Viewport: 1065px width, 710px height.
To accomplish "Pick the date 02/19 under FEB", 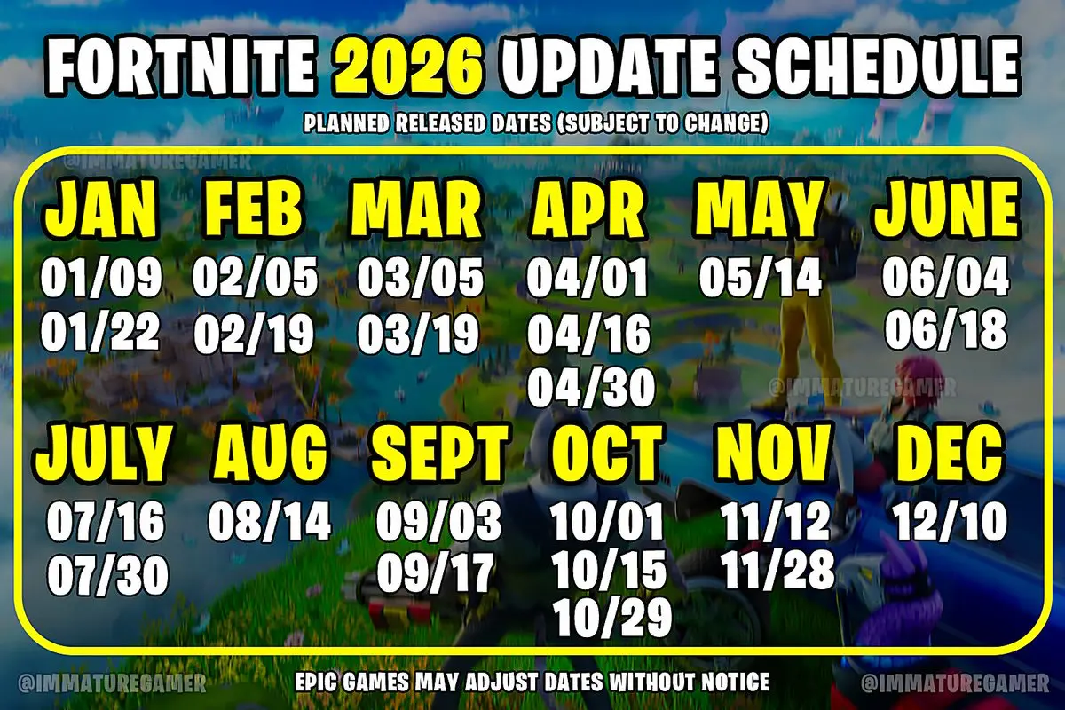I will [254, 335].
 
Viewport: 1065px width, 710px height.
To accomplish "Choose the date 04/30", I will [590, 386].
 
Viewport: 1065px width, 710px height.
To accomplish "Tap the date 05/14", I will [760, 279].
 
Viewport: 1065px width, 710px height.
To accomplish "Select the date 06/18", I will [946, 330].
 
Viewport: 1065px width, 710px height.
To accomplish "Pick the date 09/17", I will [435, 574].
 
